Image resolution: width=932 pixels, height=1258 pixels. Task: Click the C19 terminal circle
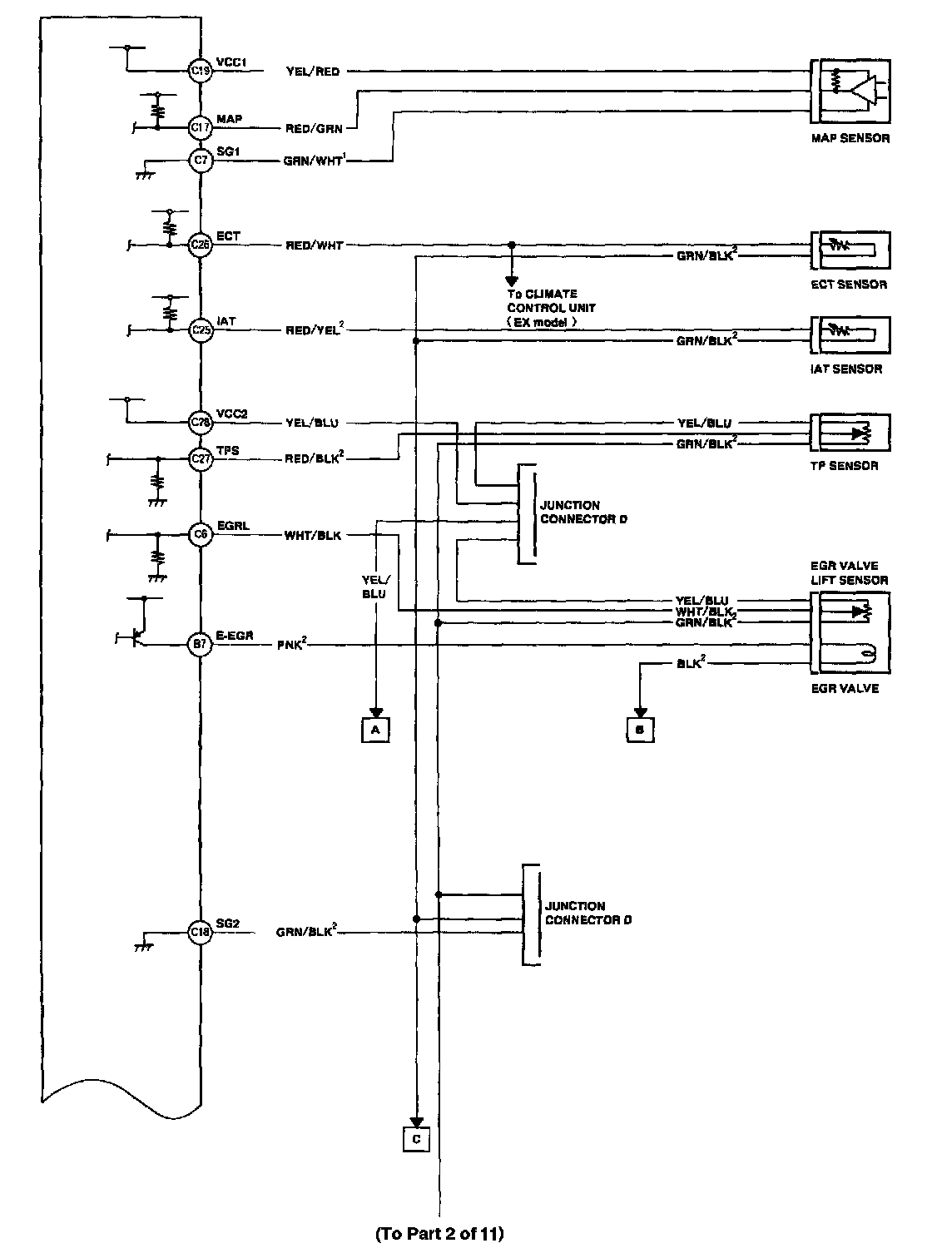[x=201, y=72]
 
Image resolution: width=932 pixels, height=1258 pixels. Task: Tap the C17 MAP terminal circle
[x=201, y=127]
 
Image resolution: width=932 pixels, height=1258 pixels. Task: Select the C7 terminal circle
[x=201, y=160]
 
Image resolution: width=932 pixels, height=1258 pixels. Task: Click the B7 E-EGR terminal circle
[x=201, y=644]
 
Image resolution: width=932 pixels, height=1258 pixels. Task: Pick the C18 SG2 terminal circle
[x=201, y=933]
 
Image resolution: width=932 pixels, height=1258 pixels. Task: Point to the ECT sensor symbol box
[x=850, y=248]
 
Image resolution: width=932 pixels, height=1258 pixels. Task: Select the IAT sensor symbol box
[x=850, y=332]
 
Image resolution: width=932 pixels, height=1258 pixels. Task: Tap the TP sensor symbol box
[x=850, y=433]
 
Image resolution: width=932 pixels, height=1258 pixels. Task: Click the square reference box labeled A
[x=375, y=729]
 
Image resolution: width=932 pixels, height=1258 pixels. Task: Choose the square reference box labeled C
[x=416, y=1139]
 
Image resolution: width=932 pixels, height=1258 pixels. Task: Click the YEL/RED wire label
[x=313, y=72]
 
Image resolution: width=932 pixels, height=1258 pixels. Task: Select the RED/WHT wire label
[x=315, y=245]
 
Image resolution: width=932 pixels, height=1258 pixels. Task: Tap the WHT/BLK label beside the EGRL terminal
[x=313, y=536]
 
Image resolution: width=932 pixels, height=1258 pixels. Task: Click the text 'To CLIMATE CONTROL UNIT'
[x=550, y=301]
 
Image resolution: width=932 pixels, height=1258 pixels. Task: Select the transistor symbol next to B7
[x=136, y=637]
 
